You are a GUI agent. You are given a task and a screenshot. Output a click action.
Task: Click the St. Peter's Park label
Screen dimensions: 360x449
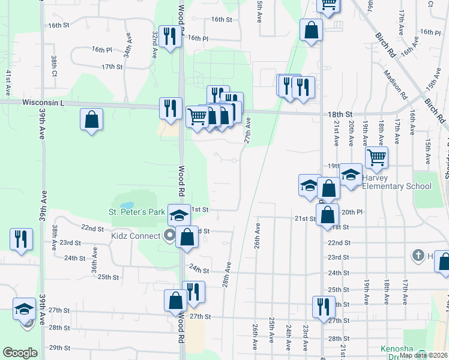click(x=136, y=212)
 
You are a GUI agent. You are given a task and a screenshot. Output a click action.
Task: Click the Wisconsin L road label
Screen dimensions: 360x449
click(x=43, y=103)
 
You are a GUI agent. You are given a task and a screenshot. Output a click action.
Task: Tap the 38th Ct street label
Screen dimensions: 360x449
click(x=54, y=67)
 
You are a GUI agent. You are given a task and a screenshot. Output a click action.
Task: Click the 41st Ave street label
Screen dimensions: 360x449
click(x=8, y=83)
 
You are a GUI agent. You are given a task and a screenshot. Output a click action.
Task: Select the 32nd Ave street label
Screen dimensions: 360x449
click(x=154, y=45)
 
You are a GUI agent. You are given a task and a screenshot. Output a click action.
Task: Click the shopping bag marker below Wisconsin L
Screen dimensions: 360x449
click(x=91, y=119)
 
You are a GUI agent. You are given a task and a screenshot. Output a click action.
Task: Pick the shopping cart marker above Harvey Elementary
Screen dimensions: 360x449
click(x=376, y=157)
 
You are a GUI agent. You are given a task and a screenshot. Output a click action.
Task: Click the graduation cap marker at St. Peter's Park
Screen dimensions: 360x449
click(x=178, y=214)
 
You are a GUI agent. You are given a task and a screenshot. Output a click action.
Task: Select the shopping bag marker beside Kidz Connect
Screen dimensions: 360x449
click(x=187, y=236)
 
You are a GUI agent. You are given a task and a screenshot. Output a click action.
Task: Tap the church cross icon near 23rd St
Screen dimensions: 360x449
click(x=418, y=256)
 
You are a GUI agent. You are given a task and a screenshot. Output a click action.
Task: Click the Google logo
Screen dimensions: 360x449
click(x=20, y=353)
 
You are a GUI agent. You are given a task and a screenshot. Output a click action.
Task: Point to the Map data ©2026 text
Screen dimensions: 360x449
click(x=423, y=355)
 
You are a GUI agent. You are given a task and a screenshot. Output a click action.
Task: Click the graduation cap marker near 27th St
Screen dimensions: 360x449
click(x=25, y=308)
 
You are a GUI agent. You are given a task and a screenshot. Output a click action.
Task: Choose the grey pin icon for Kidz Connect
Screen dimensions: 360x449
click(x=170, y=235)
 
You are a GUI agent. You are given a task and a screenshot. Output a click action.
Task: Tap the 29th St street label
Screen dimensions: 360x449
click(x=60, y=347)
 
